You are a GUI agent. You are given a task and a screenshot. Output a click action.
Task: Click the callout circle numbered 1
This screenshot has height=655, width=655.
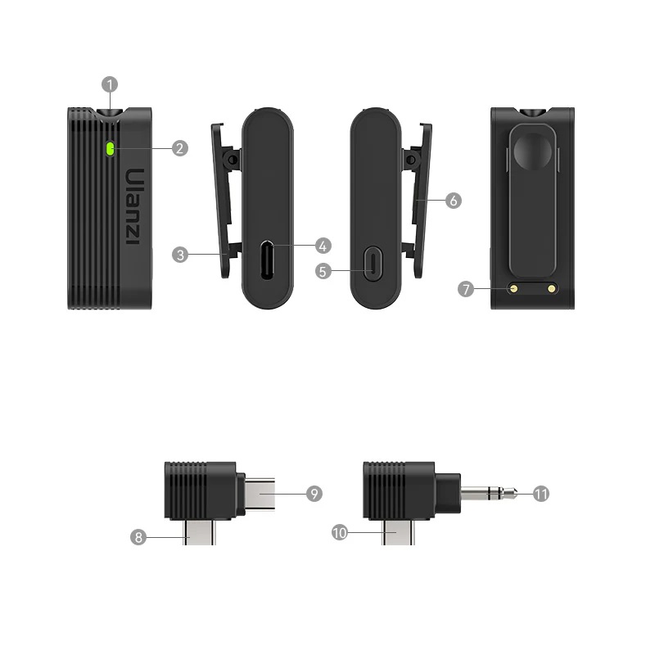pos(110,84)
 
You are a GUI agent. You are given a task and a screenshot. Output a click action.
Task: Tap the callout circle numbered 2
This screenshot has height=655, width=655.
pos(180,148)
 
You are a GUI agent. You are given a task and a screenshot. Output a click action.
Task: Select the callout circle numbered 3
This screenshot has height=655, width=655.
pos(180,255)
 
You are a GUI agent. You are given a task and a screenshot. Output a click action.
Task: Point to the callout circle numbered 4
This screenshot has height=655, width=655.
pos(323,246)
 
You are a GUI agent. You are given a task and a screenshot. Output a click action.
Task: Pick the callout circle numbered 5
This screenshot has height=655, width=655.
pos(323,271)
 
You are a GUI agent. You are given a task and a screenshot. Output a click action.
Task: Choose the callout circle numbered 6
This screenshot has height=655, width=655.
pos(454,201)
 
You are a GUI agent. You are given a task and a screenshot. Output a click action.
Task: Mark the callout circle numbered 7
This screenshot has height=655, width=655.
pos(466,289)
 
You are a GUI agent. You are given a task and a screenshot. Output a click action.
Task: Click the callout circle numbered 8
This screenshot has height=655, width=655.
pos(138,537)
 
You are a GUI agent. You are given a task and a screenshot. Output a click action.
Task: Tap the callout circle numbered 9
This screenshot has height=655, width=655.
pos(314,494)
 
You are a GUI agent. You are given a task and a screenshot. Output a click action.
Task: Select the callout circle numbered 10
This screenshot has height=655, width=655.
pos(340,533)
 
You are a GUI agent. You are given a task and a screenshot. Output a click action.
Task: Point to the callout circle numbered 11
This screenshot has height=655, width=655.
pos(541,495)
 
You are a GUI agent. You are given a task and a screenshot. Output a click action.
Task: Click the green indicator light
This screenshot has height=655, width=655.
pos(111,149)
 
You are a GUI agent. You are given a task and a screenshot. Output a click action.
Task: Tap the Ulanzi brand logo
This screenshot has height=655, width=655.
pos(135,206)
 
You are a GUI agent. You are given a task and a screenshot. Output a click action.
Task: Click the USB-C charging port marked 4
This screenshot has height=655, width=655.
pos(267,260)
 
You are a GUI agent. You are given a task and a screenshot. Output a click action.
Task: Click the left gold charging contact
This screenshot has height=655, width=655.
pos(514,288)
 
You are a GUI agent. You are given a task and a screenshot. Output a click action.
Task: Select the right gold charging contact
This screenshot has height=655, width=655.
pos(551,288)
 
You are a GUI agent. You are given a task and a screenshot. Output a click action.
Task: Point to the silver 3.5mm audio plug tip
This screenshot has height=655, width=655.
pos(514,494)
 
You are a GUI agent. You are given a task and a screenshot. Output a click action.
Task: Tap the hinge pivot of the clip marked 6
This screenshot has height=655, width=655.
pos(411,160)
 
